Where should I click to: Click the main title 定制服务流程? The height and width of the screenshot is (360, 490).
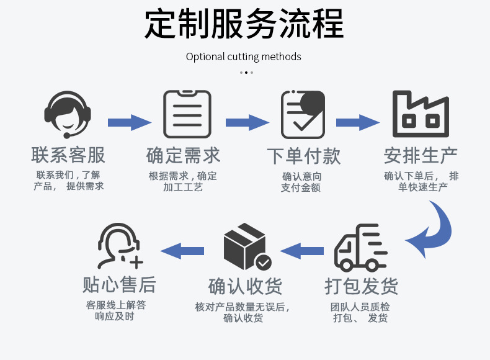click(244, 24)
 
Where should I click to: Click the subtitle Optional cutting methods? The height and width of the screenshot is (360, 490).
click(244, 56)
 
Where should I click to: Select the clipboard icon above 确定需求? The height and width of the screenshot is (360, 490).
click(187, 114)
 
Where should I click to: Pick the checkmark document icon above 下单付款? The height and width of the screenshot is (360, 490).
click(303, 114)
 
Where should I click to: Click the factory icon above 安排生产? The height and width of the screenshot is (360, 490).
click(420, 114)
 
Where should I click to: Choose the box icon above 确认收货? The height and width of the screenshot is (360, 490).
click(246, 248)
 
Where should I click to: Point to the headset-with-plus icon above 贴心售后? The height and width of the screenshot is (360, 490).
click(120, 248)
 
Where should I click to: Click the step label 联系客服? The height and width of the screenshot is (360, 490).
click(68, 155)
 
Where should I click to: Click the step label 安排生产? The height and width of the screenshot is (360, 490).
click(421, 155)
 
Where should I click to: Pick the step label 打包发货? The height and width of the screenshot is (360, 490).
click(361, 286)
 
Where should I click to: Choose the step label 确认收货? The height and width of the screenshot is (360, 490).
click(245, 286)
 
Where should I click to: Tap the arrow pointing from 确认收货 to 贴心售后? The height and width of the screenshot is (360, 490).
click(182, 251)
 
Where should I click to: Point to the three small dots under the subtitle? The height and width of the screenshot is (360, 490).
click(246, 73)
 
